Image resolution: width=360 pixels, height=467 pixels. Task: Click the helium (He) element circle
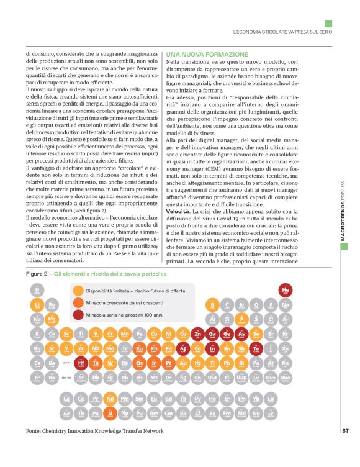(286, 290)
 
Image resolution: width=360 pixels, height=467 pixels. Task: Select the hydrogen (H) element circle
(38, 290)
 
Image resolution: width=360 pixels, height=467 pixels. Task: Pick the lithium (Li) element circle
(38, 305)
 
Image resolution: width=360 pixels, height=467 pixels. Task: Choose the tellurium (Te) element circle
(256, 349)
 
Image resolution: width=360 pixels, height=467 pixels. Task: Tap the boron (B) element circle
(212, 305)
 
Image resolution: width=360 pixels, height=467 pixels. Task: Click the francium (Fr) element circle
(38, 378)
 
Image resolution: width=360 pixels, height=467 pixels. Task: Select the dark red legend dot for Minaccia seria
(78, 315)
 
